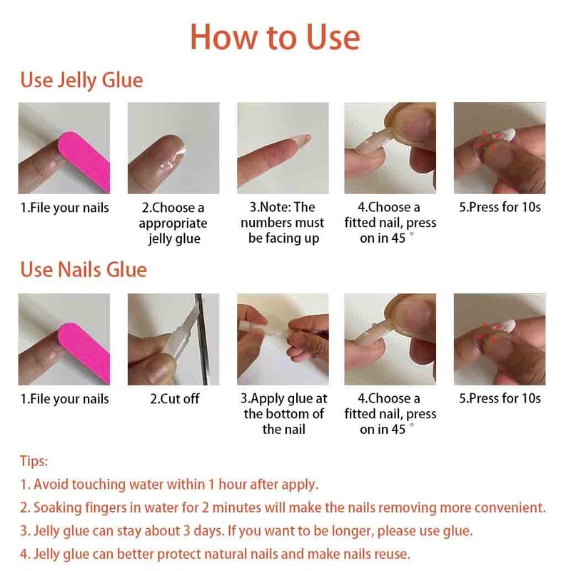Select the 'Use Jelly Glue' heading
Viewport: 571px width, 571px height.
[81, 80]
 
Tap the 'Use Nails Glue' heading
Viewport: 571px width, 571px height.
[84, 270]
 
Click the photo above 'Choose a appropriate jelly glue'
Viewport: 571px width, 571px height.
[173, 148]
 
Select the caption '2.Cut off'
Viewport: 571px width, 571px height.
[174, 399]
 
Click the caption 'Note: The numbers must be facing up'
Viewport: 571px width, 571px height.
[283, 223]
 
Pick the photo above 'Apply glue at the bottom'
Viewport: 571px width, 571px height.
[283, 340]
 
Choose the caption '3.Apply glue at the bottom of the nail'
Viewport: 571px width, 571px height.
[283, 414]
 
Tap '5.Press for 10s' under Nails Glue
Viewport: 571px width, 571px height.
[500, 398]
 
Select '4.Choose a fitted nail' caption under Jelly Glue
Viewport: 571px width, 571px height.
[390, 223]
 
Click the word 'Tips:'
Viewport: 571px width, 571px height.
[34, 462]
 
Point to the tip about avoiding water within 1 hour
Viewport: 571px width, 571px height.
[169, 485]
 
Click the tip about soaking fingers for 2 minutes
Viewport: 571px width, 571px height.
[283, 507]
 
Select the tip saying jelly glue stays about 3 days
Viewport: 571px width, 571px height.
[246, 531]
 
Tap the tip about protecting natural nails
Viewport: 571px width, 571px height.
[215, 554]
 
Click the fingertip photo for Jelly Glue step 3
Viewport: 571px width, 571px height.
[283, 148]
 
